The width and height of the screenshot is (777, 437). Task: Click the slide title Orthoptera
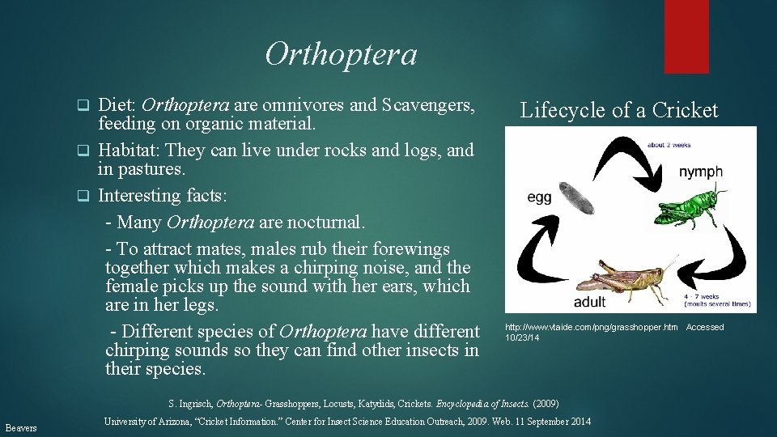click(341, 55)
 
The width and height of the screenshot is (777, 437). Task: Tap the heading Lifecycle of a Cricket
click(618, 110)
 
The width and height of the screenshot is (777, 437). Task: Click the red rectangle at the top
click(686, 36)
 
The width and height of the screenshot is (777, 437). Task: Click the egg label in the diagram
click(539, 197)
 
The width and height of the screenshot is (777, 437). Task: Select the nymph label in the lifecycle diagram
click(700, 172)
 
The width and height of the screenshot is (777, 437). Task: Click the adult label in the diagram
click(589, 302)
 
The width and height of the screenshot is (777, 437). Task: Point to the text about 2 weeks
click(669, 145)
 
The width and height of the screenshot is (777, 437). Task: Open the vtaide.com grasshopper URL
click(592, 327)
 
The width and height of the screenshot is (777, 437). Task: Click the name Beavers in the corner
click(21, 426)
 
